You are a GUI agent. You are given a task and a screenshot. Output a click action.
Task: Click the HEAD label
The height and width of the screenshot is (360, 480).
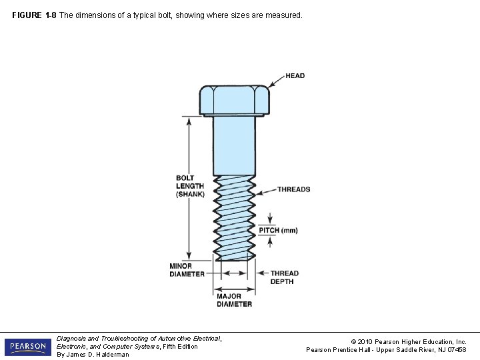[295, 75]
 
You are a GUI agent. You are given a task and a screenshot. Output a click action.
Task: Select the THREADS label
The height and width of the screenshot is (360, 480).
[293, 189]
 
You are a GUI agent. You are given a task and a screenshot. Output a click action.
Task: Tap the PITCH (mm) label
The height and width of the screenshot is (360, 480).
[278, 230]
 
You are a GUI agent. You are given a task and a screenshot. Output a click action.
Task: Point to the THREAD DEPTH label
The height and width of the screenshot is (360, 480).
[284, 277]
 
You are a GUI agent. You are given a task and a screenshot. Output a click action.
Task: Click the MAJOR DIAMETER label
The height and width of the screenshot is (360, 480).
[234, 299]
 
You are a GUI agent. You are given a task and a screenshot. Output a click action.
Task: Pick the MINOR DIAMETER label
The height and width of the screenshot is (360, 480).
[187, 270]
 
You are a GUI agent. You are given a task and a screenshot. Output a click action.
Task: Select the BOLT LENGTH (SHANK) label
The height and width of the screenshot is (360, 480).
[190, 186]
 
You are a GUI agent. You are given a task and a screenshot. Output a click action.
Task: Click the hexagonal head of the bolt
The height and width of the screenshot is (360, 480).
[234, 100]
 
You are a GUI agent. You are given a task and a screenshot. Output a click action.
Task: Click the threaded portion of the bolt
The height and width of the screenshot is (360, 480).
[234, 217]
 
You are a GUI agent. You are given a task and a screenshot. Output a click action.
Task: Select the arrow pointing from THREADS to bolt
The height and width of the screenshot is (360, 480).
[266, 191]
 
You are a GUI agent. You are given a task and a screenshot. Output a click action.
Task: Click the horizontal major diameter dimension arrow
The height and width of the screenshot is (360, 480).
[234, 289]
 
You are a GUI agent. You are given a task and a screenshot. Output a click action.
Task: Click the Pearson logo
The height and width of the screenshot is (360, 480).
[27, 347]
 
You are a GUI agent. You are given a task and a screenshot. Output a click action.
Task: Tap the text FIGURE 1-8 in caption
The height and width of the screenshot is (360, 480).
[34, 14]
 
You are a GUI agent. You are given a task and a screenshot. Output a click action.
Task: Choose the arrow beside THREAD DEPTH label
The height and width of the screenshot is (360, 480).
[261, 273]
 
